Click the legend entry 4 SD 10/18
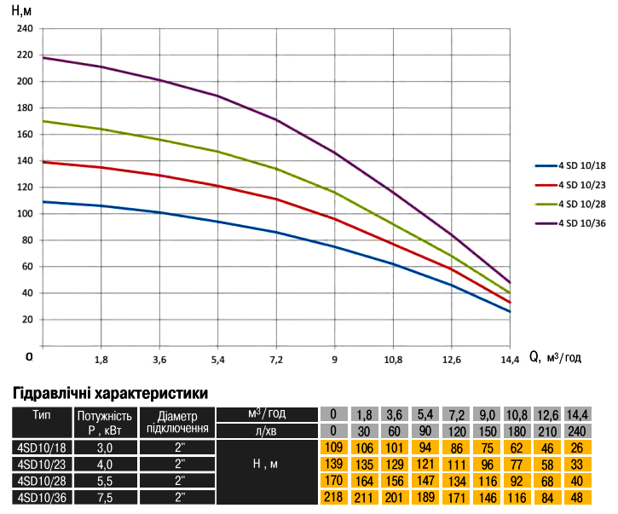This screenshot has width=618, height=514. (x=582, y=166)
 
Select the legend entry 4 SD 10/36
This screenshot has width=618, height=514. (x=582, y=222)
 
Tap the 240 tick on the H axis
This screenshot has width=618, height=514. (x=26, y=29)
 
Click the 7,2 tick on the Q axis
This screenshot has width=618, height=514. (x=277, y=360)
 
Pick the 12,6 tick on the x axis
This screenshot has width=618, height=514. (x=452, y=360)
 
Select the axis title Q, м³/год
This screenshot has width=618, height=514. (x=555, y=359)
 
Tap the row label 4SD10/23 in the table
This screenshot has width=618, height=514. (x=41, y=464)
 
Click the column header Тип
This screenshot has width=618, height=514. (x=41, y=415)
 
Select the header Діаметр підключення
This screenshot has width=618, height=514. (x=178, y=421)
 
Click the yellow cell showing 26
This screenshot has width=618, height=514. (x=577, y=448)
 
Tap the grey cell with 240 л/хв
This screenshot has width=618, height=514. (x=577, y=430)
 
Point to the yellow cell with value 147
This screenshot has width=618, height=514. (x=424, y=480)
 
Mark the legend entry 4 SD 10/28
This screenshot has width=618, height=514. (x=582, y=204)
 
